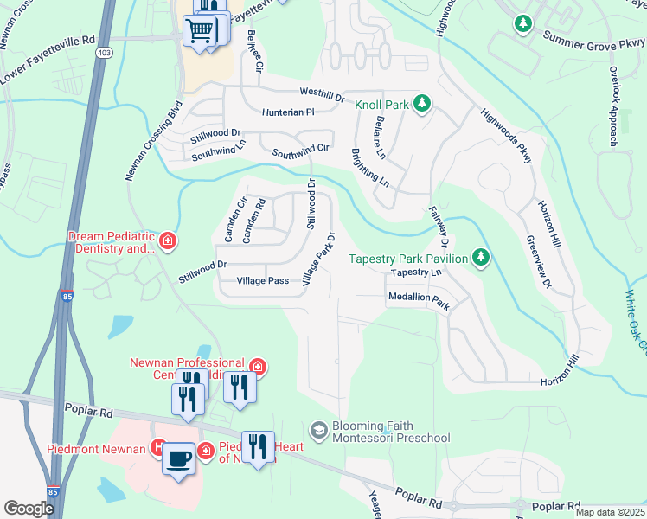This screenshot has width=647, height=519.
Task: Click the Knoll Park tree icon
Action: (x=421, y=105)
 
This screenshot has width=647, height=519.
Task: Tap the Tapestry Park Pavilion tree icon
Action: (x=481, y=258)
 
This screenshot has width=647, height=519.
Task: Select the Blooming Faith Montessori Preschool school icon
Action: (x=319, y=430)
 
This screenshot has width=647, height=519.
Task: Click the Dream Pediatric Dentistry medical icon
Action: (x=168, y=240)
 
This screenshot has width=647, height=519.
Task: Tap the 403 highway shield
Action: (x=105, y=53)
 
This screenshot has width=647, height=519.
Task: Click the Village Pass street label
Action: (x=263, y=281)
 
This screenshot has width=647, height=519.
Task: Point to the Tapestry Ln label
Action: (x=416, y=272)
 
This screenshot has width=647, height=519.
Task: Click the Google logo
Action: (x=29, y=509)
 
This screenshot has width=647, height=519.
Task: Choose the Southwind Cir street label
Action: (x=301, y=151)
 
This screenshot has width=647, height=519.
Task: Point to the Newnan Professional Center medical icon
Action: (x=257, y=368)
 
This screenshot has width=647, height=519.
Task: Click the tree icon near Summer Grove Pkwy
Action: (x=522, y=23)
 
